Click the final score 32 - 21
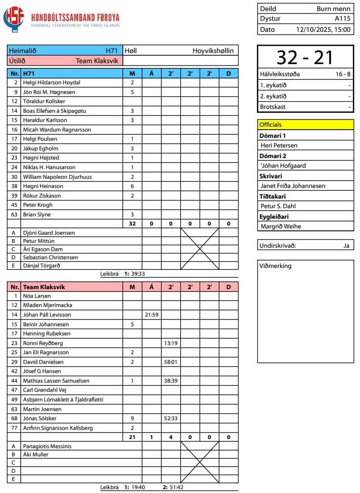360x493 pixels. pos(306,57)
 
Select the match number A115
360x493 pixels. pos(343,19)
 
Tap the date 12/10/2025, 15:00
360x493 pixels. pos(324,29)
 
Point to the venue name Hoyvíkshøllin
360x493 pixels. pos(213,51)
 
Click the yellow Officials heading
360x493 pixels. pos(271,124)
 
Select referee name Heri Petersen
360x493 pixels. pos(279,145)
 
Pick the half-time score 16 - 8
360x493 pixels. pos(343,74)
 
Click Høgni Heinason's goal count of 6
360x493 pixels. pos(132,186)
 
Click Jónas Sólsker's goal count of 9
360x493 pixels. pos(132,418)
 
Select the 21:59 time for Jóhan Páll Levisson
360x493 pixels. pos(151,315)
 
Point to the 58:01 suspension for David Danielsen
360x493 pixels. pos(171,362)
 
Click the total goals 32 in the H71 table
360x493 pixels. pos(132,224)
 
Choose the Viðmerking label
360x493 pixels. pos(275,266)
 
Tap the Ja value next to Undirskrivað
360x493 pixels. pos(346,245)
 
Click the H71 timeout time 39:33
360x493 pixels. pos(138,274)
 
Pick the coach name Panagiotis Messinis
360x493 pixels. pos(47,446)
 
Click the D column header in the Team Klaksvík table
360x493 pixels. pos(228,287)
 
